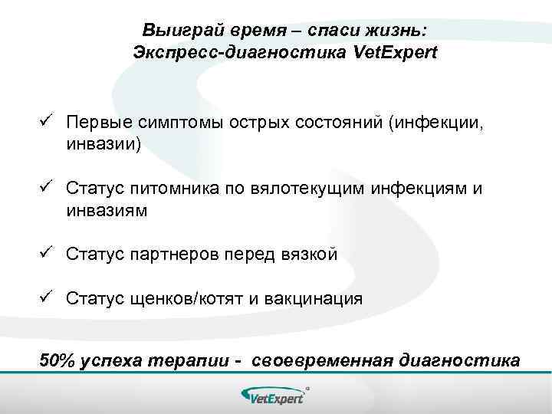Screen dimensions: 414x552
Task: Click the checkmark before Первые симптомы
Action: coord(46,122)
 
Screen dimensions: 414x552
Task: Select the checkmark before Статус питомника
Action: coord(46,187)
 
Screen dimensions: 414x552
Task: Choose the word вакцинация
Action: coord(311,298)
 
